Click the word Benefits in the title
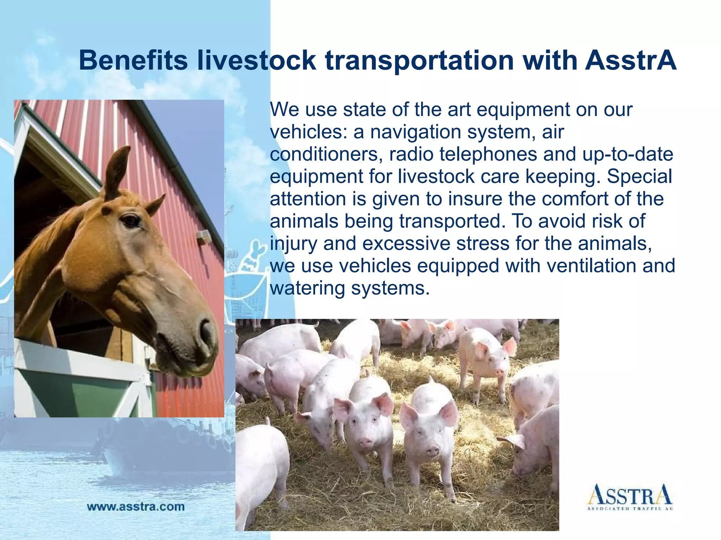(133, 60)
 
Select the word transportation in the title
(419, 60)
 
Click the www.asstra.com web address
(136, 507)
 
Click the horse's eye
(131, 221)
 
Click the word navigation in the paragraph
(415, 132)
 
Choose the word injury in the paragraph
(293, 244)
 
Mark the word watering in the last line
(307, 288)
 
